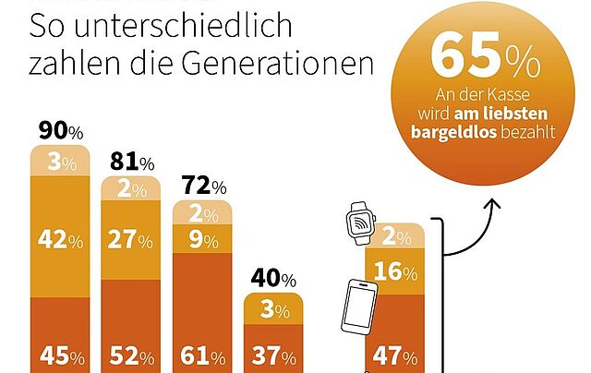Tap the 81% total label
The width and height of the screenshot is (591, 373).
pos(133,163)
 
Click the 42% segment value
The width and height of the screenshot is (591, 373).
pos(60,239)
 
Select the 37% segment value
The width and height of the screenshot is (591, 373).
pos(273,357)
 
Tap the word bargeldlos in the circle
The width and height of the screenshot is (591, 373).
pos(450,131)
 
